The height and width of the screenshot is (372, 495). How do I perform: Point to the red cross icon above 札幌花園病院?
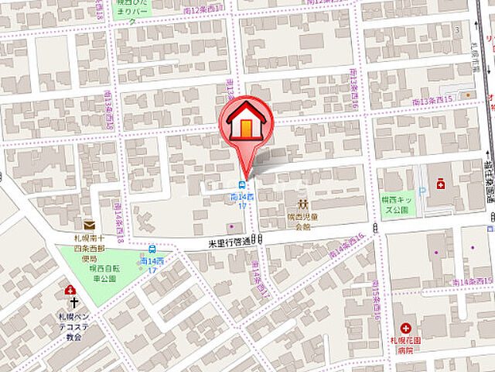(x=405, y=329)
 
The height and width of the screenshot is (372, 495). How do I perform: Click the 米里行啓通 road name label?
(x=230, y=242)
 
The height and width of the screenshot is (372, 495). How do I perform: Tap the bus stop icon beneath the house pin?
(x=243, y=185)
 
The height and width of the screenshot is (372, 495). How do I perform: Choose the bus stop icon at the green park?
(x=152, y=250)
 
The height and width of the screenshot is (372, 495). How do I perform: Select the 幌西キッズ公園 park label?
(x=398, y=204)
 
